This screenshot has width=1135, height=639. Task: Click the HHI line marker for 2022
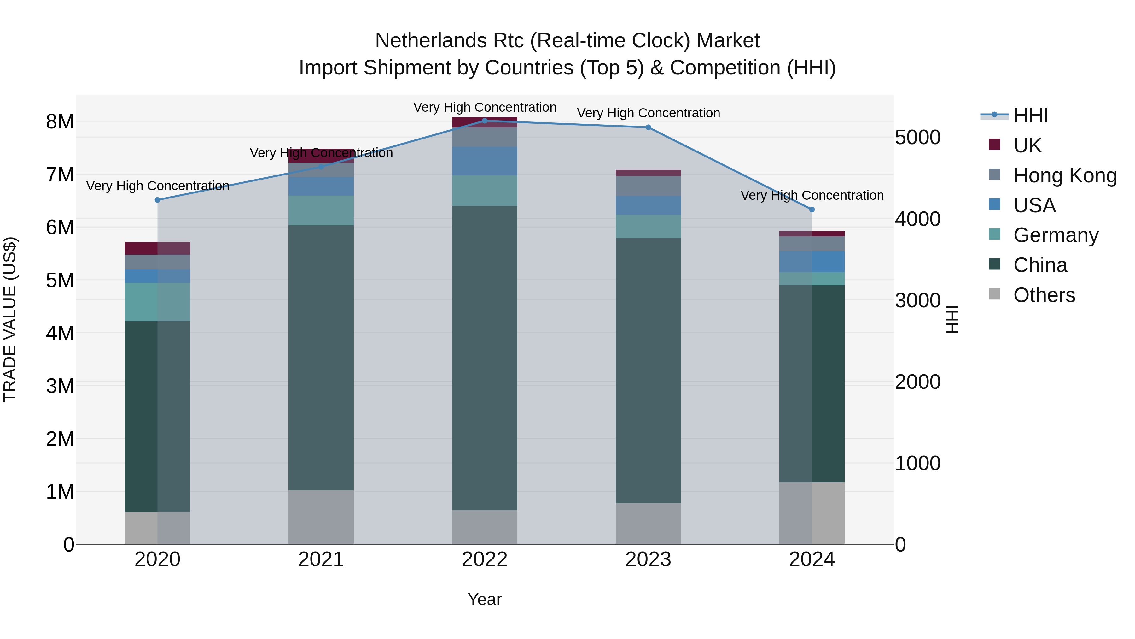tap(485, 121)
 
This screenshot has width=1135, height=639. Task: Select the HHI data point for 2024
tap(812, 210)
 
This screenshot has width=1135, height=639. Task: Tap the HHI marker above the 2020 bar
tap(157, 200)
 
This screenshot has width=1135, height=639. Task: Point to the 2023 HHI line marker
tap(648, 127)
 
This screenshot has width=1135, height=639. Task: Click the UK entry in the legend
tap(1027, 145)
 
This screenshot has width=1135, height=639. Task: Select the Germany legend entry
tap(1056, 235)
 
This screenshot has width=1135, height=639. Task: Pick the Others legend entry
tap(1044, 295)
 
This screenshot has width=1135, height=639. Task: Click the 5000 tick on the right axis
tap(918, 137)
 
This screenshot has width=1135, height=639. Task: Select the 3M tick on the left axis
tap(60, 386)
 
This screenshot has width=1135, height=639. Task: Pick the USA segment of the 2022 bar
tap(485, 161)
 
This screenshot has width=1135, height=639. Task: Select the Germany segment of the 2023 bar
tap(648, 226)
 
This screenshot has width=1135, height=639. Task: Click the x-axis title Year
tap(485, 599)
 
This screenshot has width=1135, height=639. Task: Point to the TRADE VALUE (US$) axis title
tap(10, 319)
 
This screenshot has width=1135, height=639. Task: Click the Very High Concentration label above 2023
tap(649, 113)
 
